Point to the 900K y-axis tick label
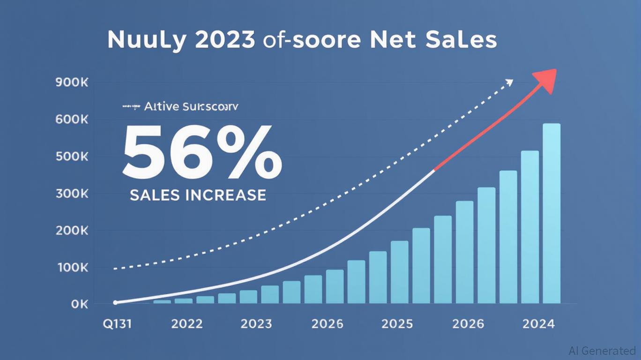tap(72, 82)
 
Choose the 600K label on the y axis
tap(72, 120)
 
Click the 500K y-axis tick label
tap(72, 157)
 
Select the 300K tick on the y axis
tap(72, 194)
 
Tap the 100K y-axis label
tap(72, 268)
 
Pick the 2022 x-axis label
tap(186, 324)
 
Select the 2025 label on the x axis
tap(397, 324)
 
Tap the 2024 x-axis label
tap(538, 324)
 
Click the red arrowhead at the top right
tap(546, 78)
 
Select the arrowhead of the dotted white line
tap(509, 82)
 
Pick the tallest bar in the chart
tap(552, 213)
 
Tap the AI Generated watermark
tap(602, 351)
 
